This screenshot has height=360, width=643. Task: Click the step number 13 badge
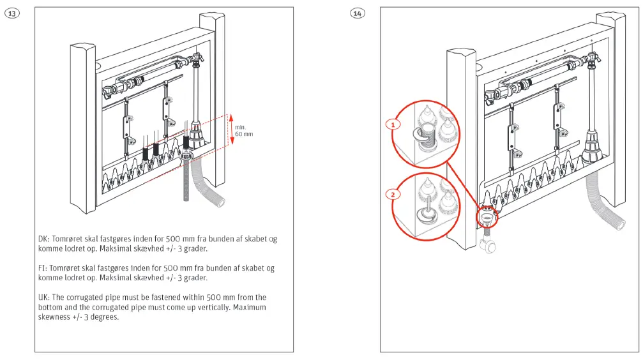click(x=12, y=13)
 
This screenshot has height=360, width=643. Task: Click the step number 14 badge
click(x=358, y=13)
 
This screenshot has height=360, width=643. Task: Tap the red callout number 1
click(x=394, y=124)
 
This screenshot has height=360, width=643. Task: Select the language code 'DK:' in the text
click(x=43, y=239)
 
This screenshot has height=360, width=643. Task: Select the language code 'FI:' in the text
click(x=42, y=269)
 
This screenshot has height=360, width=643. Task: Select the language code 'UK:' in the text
click(x=43, y=297)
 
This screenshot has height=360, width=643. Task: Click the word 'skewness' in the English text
click(x=54, y=317)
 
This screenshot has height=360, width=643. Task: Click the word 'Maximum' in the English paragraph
click(x=250, y=307)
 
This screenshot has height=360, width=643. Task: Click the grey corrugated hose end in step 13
click(x=220, y=201)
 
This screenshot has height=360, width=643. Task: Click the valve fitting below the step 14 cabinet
click(x=487, y=243)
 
